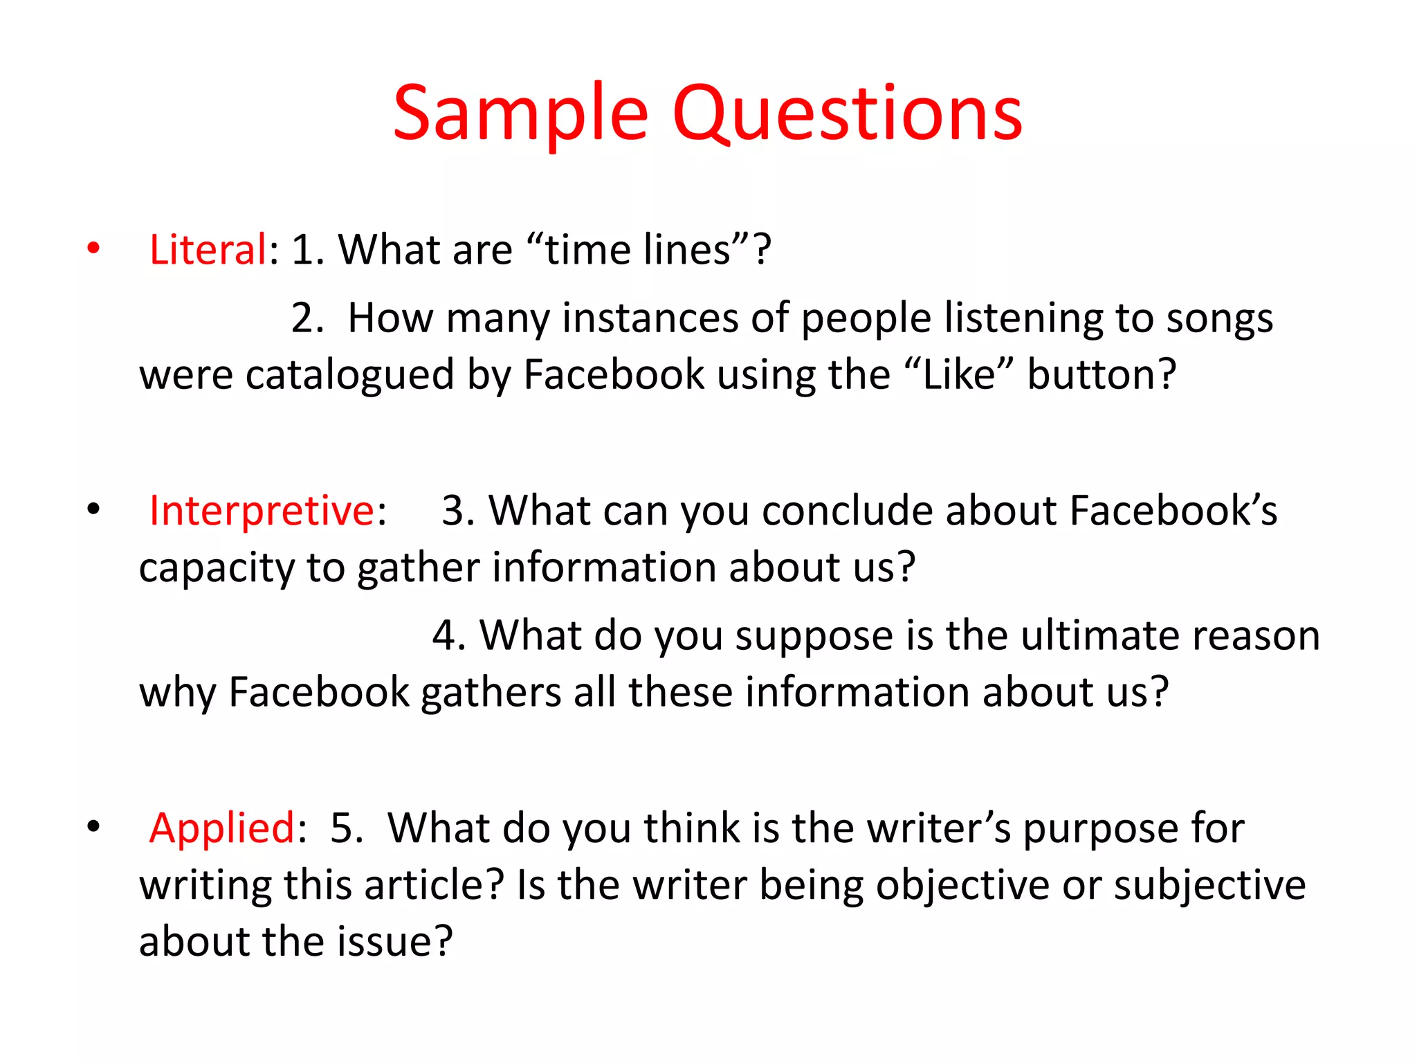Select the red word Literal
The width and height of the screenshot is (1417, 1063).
208,250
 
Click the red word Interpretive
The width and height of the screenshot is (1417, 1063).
262,511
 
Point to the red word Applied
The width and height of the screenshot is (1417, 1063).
222,828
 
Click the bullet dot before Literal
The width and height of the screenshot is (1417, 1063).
93,248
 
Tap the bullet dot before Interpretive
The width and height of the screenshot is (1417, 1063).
93,510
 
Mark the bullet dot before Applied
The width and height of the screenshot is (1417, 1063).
93,826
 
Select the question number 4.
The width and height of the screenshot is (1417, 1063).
448,635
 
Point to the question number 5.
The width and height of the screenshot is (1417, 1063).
346,828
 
